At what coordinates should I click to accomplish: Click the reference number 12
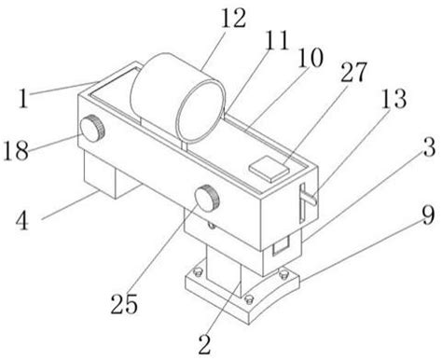click(x=233, y=18)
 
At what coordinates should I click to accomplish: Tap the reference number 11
click(x=277, y=40)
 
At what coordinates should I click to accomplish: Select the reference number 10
click(x=311, y=58)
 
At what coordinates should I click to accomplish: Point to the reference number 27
click(x=354, y=72)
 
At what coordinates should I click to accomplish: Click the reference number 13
click(x=394, y=99)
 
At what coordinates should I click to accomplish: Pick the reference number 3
click(x=430, y=147)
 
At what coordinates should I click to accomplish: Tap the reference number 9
click(x=428, y=215)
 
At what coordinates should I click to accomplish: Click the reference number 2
click(x=205, y=344)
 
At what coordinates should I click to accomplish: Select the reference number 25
click(x=124, y=304)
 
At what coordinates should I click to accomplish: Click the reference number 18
click(x=16, y=150)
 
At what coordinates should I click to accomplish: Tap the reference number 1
click(x=23, y=98)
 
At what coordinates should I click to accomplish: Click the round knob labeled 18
click(x=92, y=129)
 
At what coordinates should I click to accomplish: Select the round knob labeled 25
click(x=207, y=199)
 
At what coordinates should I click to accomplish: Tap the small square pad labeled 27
click(x=269, y=170)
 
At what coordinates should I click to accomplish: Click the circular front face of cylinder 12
click(x=200, y=111)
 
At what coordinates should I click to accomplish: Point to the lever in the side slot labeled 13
click(x=309, y=198)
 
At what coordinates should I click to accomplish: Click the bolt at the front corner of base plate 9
click(x=248, y=299)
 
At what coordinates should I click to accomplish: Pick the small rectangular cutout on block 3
click(x=282, y=245)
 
